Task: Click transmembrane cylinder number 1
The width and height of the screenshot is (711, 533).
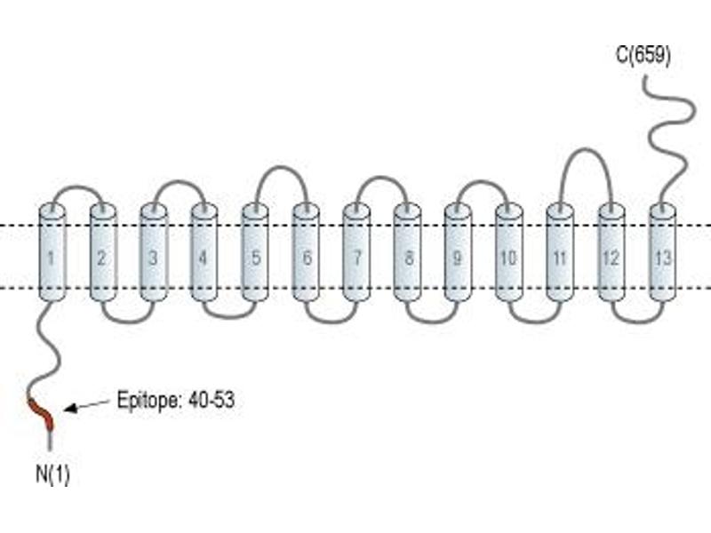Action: point(52,252)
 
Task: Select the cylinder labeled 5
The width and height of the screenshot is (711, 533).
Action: point(255,252)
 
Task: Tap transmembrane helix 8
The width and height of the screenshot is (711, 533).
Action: point(407,252)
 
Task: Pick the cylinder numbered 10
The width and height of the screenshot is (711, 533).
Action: point(508,252)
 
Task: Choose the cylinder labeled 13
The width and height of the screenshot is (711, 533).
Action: point(662,252)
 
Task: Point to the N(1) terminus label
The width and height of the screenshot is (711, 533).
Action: point(52,474)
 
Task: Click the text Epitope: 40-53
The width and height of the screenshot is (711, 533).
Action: point(176,401)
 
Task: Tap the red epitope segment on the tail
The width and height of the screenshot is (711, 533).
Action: point(41,413)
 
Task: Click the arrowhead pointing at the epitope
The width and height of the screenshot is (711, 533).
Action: point(71,409)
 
